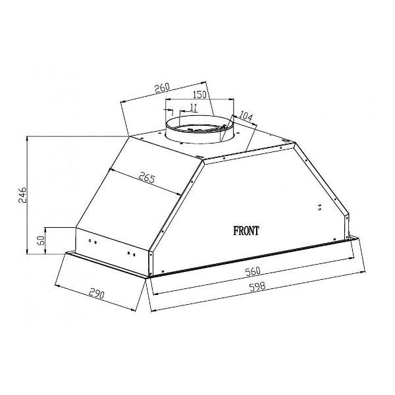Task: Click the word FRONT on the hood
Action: pos(246,231)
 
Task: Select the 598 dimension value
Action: pos(257,286)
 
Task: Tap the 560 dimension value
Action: pos(253,271)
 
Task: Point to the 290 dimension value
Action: pos(96,294)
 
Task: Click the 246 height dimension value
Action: pos(22,195)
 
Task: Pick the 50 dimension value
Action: pos(41,240)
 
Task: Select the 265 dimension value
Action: pos(147,178)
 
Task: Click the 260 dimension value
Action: pos(162,88)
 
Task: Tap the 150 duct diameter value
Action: pos(199,95)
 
